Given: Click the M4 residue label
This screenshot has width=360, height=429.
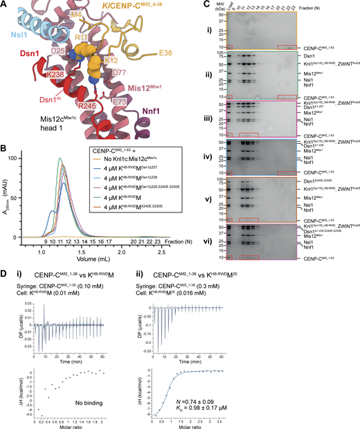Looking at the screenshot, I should click(x=76, y=15).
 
